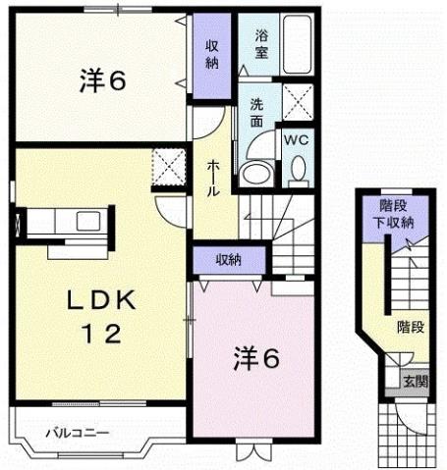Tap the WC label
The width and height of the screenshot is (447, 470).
297,140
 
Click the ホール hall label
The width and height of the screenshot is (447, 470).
212,180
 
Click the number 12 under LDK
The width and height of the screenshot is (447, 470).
96,335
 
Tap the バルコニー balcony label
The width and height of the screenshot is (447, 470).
75,433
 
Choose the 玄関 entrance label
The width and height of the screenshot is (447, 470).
415,382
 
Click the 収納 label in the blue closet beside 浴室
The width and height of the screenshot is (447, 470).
212,53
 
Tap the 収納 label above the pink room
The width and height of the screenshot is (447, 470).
230,260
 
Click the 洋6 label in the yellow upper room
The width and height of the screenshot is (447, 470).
101,81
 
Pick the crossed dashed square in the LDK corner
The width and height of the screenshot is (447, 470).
170,166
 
